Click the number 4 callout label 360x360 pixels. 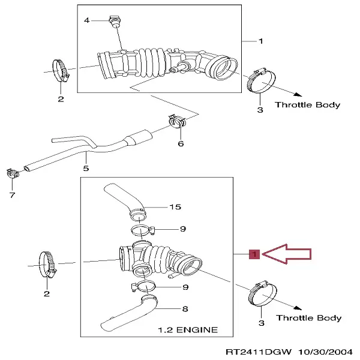click(86, 21)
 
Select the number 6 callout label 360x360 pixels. click(181, 143)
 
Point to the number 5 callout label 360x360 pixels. click(86, 169)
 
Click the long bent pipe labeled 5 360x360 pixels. click(90, 147)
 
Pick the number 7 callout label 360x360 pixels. click(13, 196)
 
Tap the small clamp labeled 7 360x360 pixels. click(12, 175)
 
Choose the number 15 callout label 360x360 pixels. click(175, 208)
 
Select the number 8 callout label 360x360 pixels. click(185, 309)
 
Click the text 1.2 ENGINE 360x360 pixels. click(187, 330)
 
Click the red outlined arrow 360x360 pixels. click(288, 254)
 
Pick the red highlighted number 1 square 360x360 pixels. click(254, 255)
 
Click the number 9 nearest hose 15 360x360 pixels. click(184, 229)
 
